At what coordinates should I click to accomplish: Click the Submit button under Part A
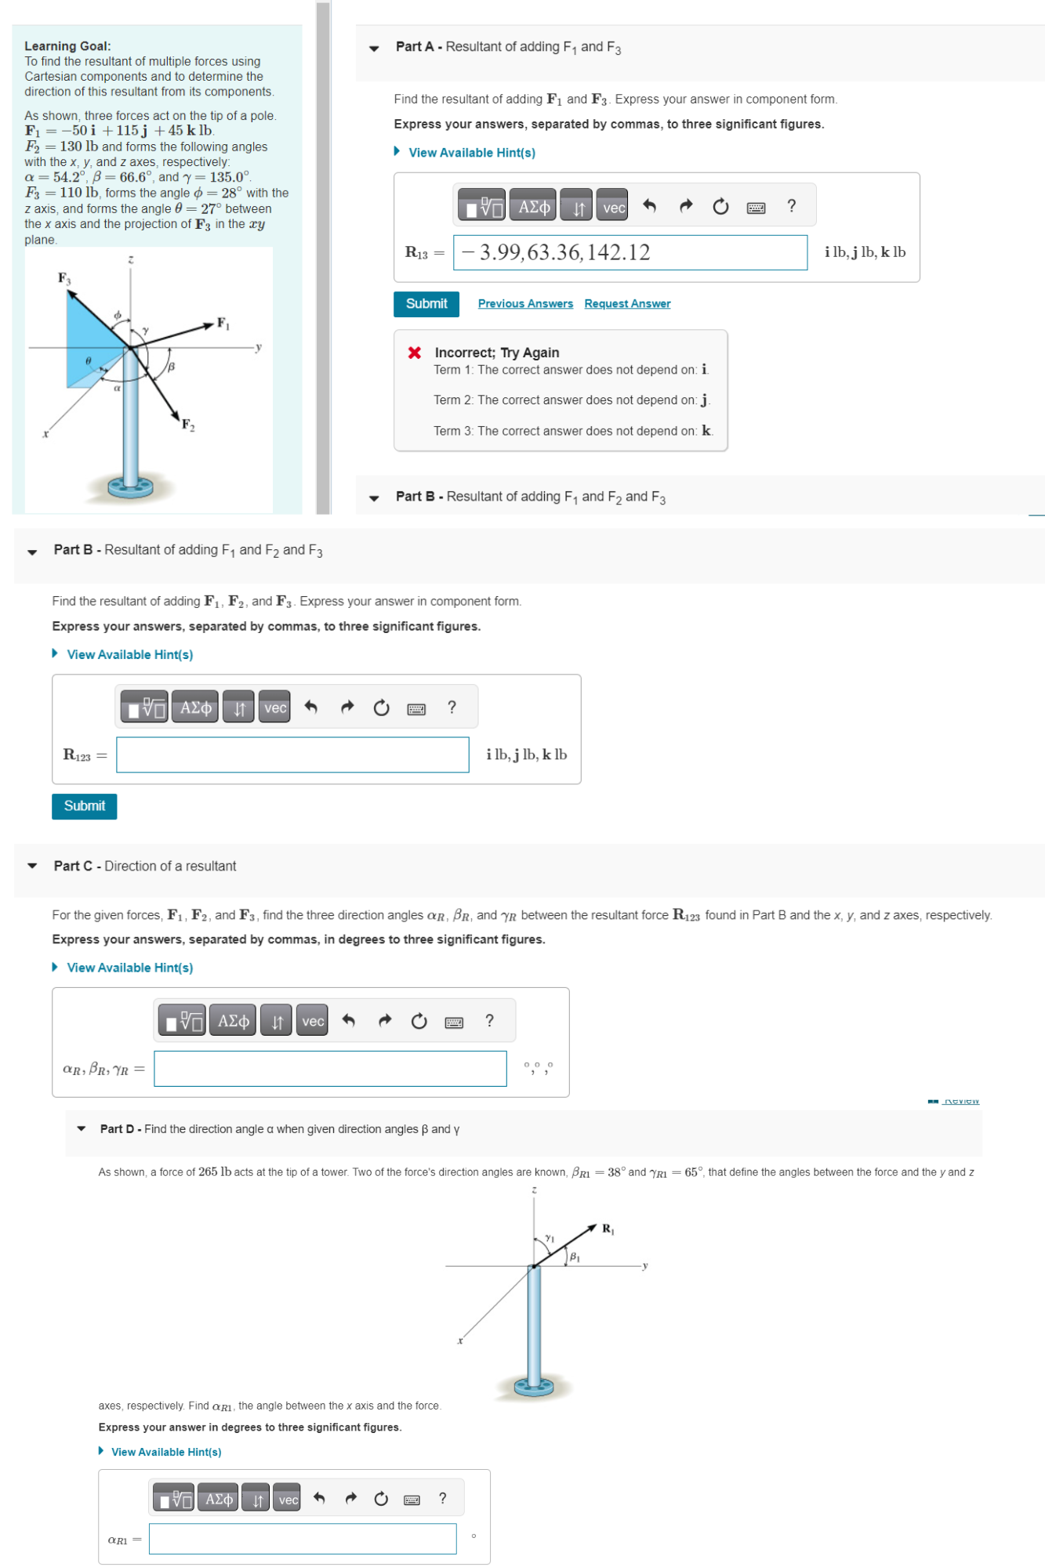pyautogui.click(x=426, y=304)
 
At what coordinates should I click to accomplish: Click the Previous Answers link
pyautogui.click(x=525, y=304)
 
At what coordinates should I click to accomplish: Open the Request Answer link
pyautogui.click(x=627, y=304)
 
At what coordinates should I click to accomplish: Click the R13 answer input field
pyautogui.click(x=630, y=252)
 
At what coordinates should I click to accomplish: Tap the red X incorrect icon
pyautogui.click(x=415, y=353)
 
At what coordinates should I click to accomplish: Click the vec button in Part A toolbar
pyautogui.click(x=612, y=207)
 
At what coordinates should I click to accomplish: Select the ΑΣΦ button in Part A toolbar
pyautogui.click(x=533, y=207)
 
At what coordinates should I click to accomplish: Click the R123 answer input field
pyautogui.click(x=292, y=755)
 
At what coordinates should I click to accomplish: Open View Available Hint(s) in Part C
pyautogui.click(x=129, y=968)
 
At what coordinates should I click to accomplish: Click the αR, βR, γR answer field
pyautogui.click(x=330, y=1069)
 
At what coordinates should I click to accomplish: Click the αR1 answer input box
pyautogui.click(x=303, y=1539)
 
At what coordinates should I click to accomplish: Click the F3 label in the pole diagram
pyautogui.click(x=64, y=278)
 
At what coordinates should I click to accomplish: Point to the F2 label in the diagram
pyautogui.click(x=188, y=425)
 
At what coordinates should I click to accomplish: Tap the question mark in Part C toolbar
pyautogui.click(x=489, y=1021)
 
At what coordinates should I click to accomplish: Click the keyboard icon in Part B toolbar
pyautogui.click(x=416, y=709)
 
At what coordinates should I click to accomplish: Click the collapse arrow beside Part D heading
pyautogui.click(x=81, y=1129)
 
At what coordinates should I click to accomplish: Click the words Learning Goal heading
pyautogui.click(x=67, y=46)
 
